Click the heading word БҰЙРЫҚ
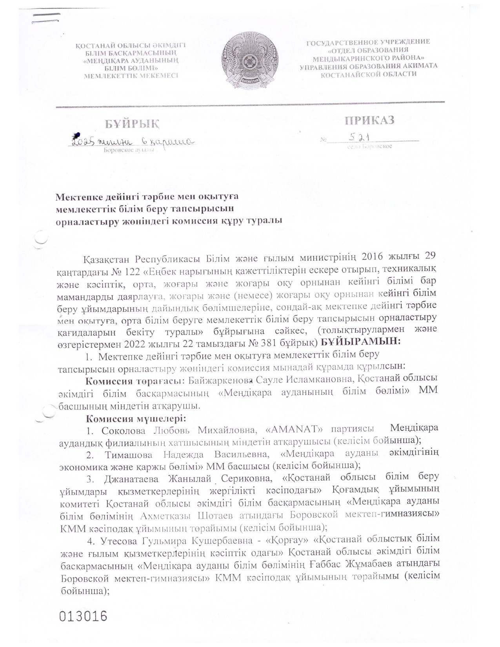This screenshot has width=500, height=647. (x=132, y=124)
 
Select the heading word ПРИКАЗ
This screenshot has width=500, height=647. (x=369, y=120)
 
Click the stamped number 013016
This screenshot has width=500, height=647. (x=83, y=616)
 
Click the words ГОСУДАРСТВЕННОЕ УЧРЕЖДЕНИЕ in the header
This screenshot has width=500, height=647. (x=368, y=42)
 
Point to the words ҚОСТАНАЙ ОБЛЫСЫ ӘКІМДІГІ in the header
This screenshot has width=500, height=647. (x=130, y=45)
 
